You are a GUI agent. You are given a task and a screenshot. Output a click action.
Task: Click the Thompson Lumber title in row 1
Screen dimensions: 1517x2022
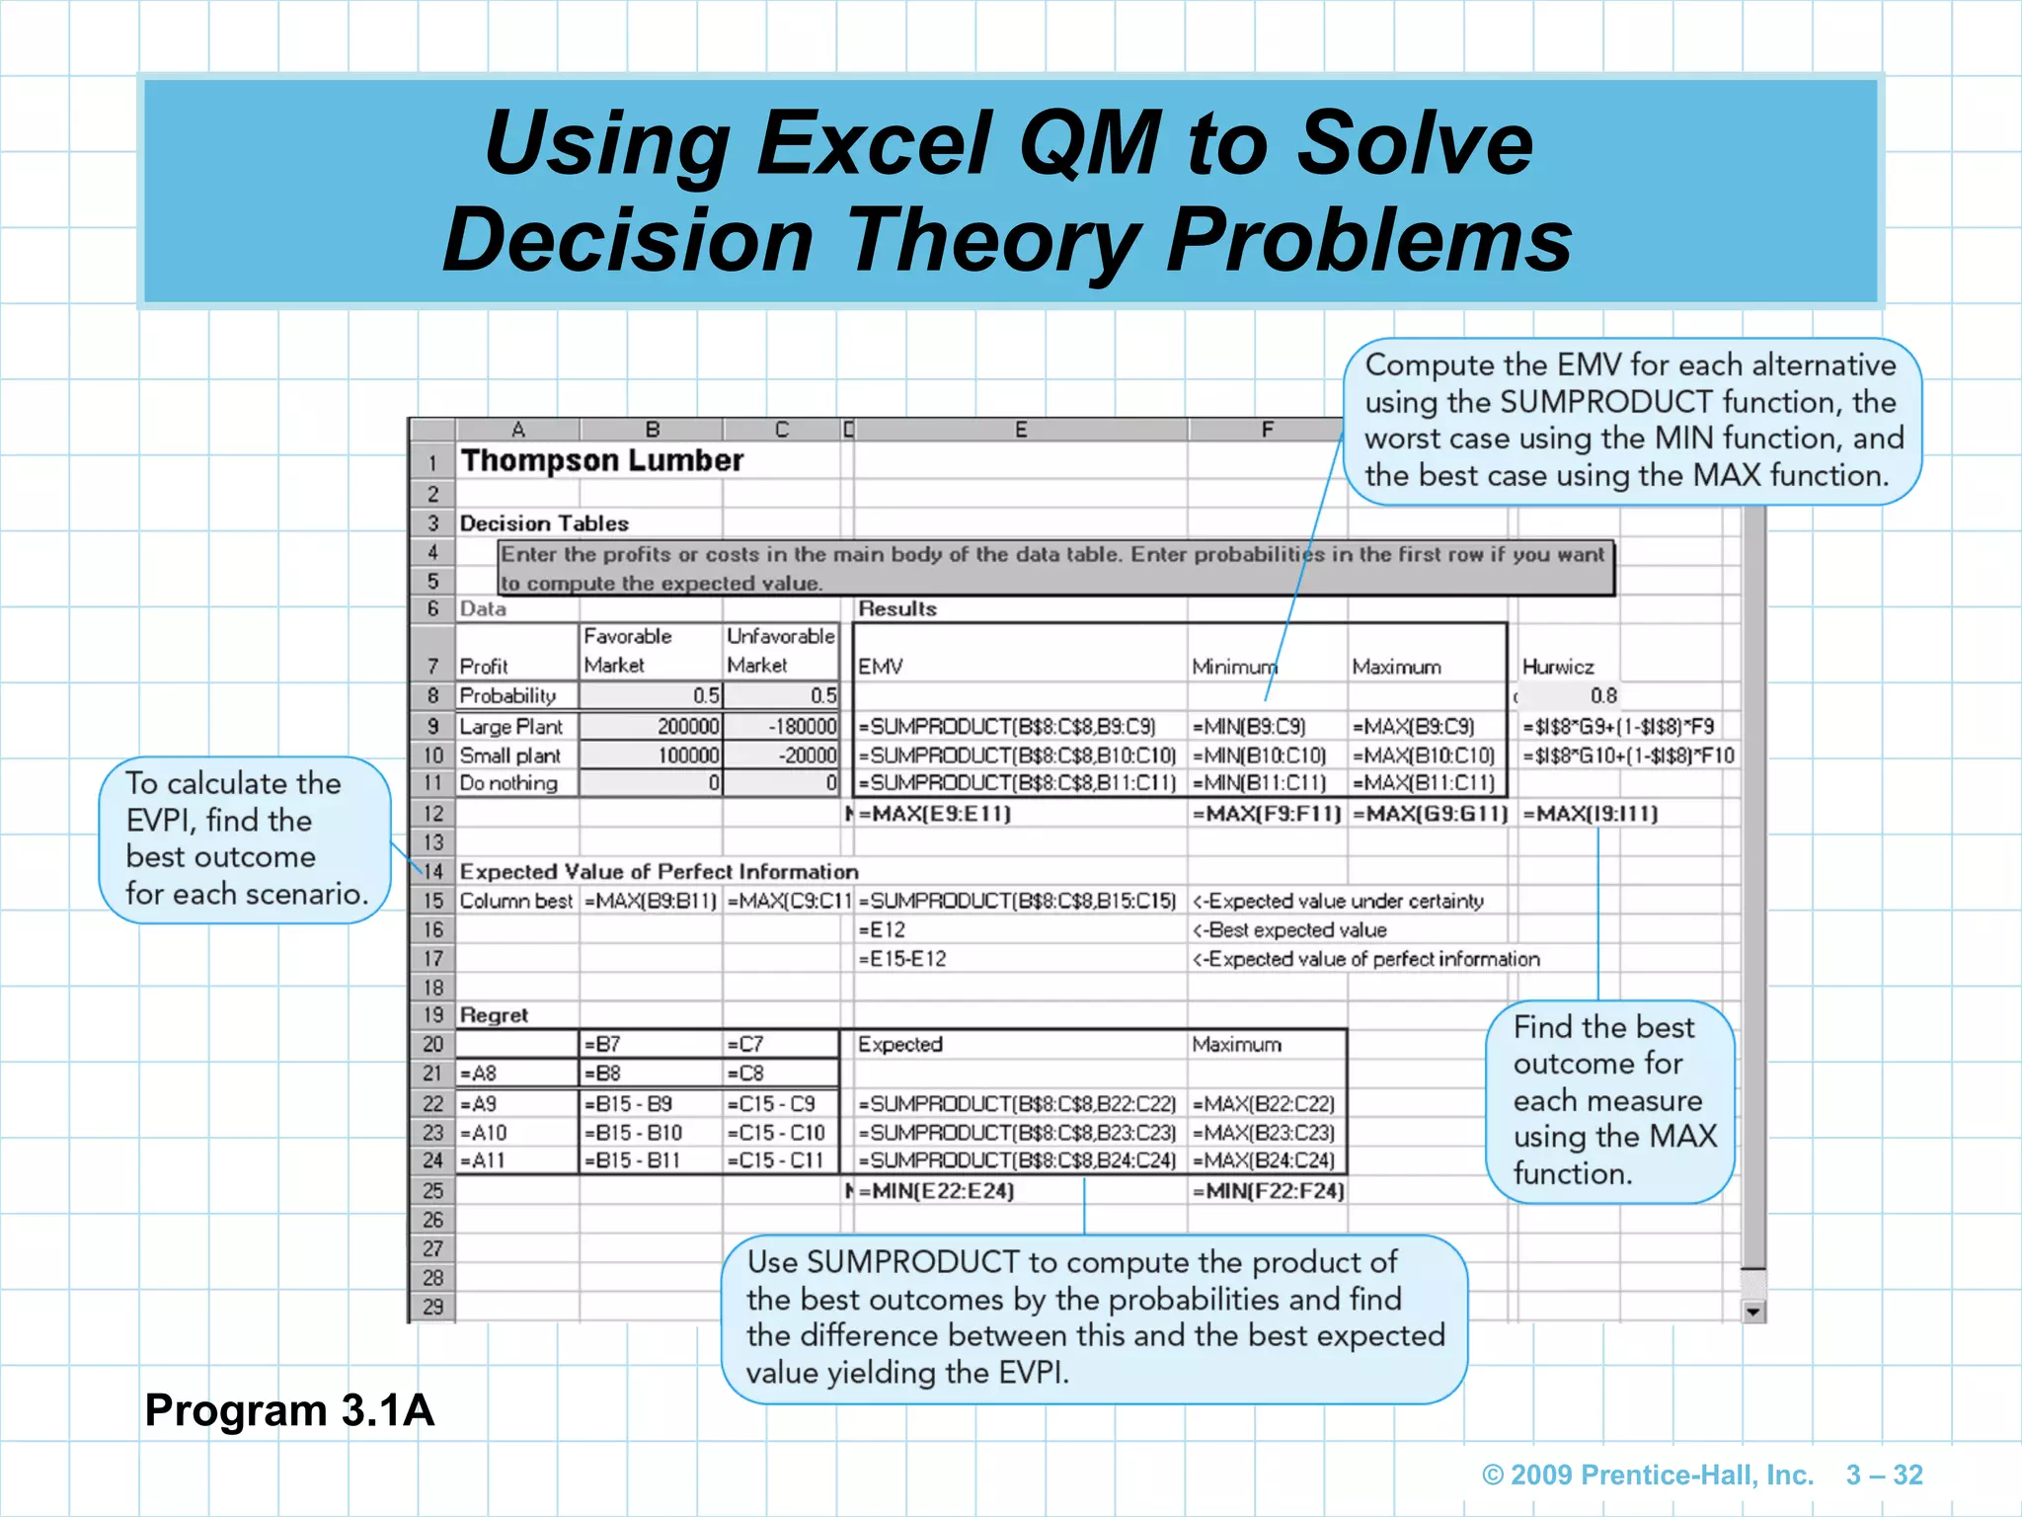[601, 461]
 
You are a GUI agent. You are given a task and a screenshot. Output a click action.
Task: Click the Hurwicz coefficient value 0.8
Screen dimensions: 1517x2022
[1602, 696]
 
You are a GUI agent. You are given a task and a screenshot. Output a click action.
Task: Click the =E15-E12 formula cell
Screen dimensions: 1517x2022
[901, 959]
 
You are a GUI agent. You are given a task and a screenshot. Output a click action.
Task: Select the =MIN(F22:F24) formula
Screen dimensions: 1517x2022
[1268, 1191]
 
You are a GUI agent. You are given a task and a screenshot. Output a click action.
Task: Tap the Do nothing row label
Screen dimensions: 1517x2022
[508, 784]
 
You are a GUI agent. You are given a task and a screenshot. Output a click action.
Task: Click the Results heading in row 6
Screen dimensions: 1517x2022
[896, 609]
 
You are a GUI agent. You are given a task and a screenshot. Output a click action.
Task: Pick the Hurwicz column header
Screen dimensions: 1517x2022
[1557, 668]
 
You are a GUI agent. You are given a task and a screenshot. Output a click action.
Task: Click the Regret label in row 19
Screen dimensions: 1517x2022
[494, 1015]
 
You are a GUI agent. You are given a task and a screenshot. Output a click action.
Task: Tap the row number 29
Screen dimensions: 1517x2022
[432, 1307]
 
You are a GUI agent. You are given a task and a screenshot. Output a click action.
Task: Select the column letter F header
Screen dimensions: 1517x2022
[1267, 430]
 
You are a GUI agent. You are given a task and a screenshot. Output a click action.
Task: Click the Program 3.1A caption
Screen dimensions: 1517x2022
[289, 1410]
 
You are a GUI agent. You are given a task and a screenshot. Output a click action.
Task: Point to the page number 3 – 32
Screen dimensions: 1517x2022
[1884, 1476]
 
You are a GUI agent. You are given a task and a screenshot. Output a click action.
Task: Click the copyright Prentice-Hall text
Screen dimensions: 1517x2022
[1648, 1476]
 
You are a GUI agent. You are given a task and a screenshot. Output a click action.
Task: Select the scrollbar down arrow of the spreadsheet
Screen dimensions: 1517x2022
[1752, 1312]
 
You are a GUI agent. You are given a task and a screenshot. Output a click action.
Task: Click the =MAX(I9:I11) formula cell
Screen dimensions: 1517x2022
[1590, 815]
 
